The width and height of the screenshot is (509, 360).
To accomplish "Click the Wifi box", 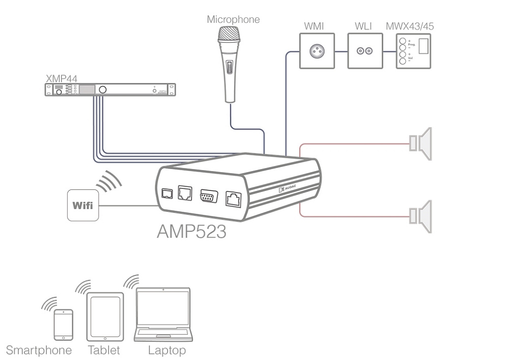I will [82, 206].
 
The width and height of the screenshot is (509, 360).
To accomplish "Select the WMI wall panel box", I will [318, 50].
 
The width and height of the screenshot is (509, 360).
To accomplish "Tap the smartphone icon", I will [64, 324].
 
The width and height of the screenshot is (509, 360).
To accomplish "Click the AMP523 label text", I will [191, 233].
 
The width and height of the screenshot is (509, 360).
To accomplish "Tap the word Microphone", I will [233, 20].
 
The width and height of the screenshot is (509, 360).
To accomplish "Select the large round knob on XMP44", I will [103, 90].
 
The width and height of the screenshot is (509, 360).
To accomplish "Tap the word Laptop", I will [166, 351].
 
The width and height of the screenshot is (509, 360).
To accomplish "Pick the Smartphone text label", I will [39, 351].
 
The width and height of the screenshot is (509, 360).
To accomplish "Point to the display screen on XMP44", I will [87, 90].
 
